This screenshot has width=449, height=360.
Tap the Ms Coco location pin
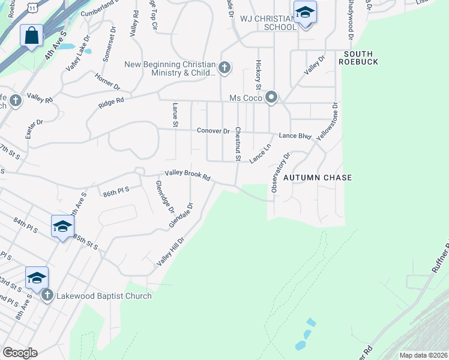coord(271,97)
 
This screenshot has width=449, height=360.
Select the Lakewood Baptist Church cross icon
coord(47,295)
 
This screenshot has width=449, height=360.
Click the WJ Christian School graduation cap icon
coord(305,13)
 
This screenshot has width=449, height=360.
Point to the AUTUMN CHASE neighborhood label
coord(317,178)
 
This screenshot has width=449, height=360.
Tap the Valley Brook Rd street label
coord(188,175)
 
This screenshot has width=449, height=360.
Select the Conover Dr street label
coord(213,131)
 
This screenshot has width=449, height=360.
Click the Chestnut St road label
coord(238,145)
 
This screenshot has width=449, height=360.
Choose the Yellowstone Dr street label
coord(327,121)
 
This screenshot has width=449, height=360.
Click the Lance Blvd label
coord(295,136)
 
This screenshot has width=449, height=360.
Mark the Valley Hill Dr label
coord(170,251)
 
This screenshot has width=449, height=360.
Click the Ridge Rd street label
coord(111,103)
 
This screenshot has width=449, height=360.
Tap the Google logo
coord(20,353)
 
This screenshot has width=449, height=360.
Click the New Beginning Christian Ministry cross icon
coord(224,67)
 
